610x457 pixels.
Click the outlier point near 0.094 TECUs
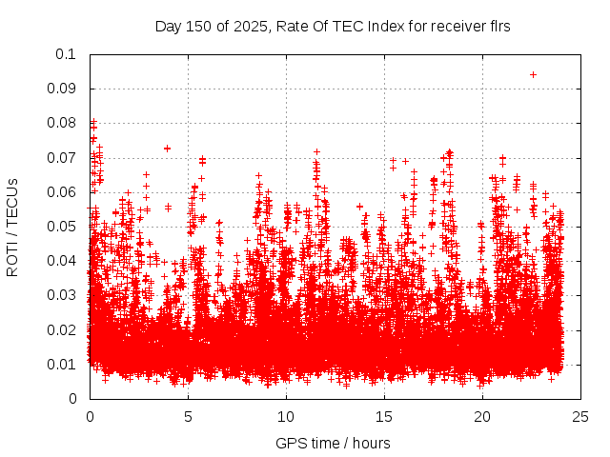[x=533, y=74]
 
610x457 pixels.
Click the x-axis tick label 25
[x=580, y=416]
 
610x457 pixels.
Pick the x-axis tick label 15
[x=384, y=416]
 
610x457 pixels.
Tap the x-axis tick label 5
[x=188, y=416]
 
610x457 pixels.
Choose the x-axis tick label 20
[x=482, y=416]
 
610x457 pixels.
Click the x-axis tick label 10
[x=286, y=416]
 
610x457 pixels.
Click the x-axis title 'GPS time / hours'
[x=333, y=443]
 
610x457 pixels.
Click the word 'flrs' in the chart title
[x=498, y=27]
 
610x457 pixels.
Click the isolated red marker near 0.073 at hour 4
[x=167, y=148]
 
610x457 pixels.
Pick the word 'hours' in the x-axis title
[x=370, y=443]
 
